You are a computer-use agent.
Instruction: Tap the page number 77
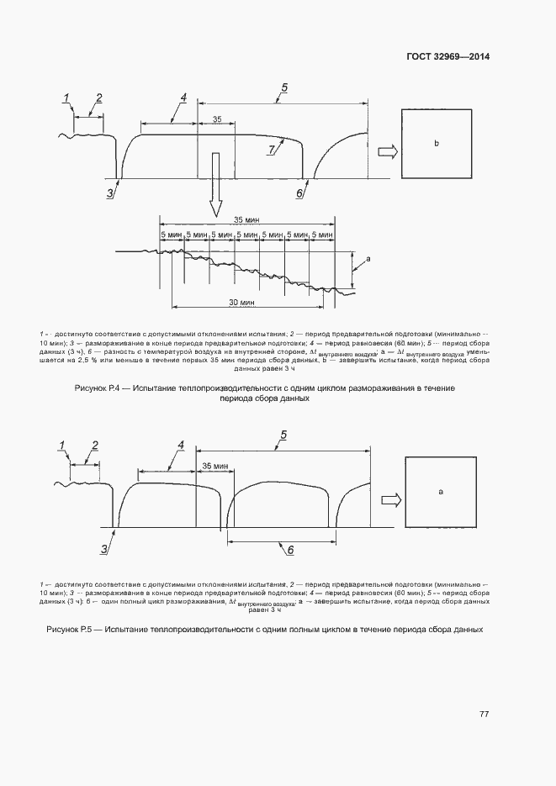tap(484, 714)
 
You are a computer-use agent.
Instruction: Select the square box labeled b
tap(436, 144)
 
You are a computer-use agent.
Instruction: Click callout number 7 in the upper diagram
tap(271, 150)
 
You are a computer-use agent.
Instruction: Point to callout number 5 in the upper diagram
tap(284, 88)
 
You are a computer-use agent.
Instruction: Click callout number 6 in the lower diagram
tap(290, 550)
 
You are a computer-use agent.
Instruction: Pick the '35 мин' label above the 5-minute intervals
tap(246, 219)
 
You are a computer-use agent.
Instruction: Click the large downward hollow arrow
tap(216, 183)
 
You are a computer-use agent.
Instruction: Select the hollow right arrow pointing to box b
tap(387, 151)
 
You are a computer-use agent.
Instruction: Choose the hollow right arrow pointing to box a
tap(390, 499)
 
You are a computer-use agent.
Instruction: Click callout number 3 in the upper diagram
tap(110, 193)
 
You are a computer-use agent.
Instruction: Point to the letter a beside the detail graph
tap(368, 261)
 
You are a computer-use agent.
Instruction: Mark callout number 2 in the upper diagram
tap(99, 98)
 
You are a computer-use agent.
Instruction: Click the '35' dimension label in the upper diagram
tap(217, 119)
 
